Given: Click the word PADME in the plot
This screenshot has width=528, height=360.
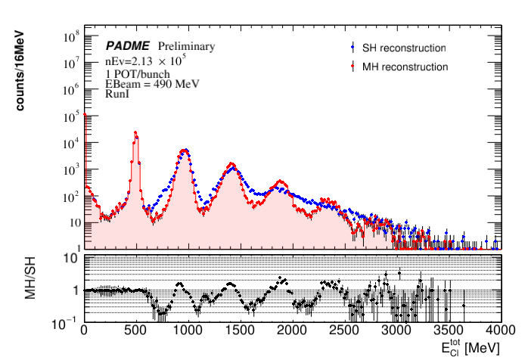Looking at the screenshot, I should click(x=126, y=46).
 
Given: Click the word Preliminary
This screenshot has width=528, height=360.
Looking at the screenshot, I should click(x=186, y=46).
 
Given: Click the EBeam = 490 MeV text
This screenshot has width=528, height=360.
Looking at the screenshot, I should click(x=152, y=83).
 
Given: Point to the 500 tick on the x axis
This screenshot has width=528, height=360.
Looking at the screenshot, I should click(x=135, y=331).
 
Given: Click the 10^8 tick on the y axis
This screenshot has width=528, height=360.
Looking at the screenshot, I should click(x=71, y=36).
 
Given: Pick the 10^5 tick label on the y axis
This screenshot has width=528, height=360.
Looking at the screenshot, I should click(x=71, y=116).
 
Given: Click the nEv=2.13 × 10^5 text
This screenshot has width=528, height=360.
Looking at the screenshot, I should click(x=141, y=61).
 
